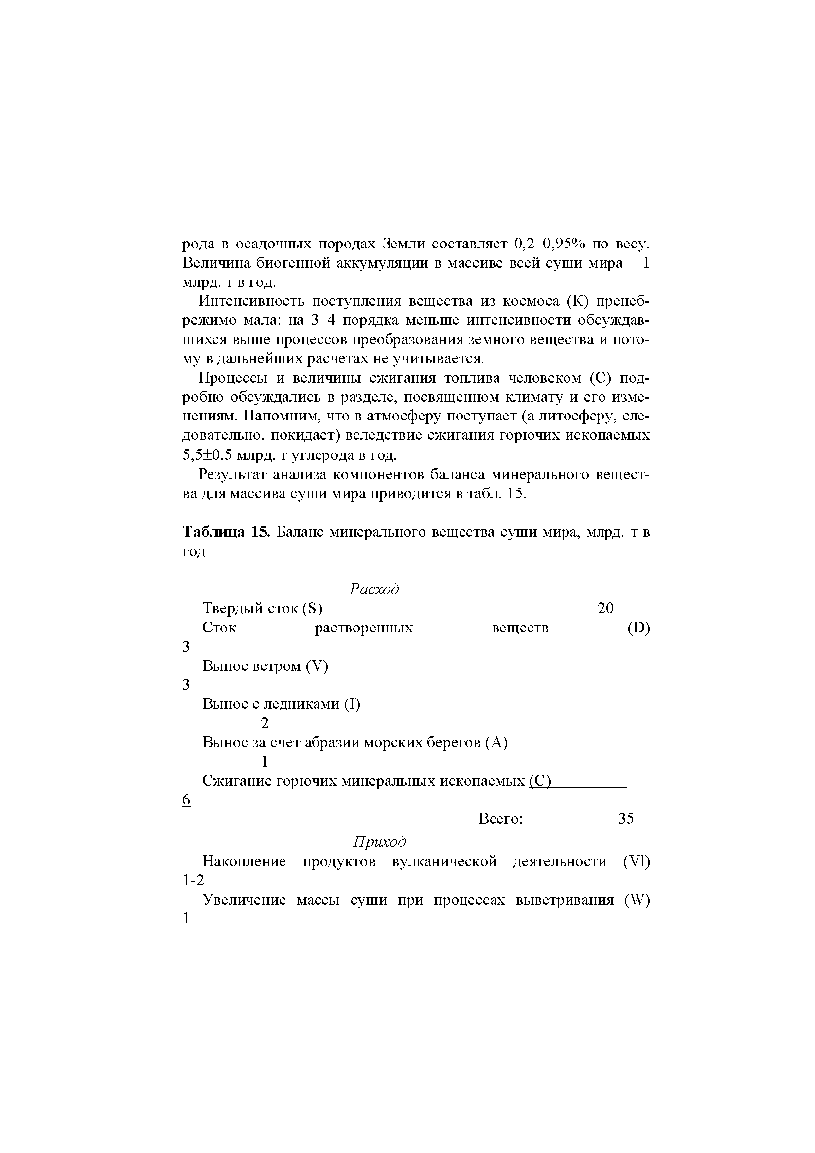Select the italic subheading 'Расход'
(x=374, y=589)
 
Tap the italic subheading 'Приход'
(x=380, y=841)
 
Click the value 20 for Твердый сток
(x=605, y=608)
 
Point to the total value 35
(x=626, y=819)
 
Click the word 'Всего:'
(x=500, y=819)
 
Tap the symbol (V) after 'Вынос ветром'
(x=317, y=666)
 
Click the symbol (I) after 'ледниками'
(x=352, y=704)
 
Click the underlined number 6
(x=186, y=800)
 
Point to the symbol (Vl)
(x=636, y=861)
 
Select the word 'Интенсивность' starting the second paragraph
(x=251, y=301)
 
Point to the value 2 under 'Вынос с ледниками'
(x=265, y=723)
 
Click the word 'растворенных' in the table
(x=363, y=628)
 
